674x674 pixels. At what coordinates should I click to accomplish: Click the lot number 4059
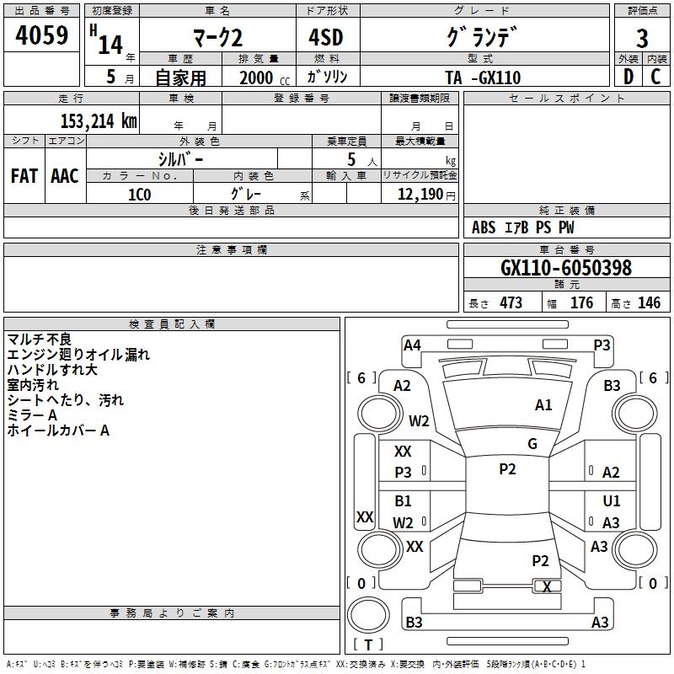[41, 35]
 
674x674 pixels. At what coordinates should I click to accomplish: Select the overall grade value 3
[642, 38]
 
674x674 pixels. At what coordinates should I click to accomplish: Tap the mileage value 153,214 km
[99, 121]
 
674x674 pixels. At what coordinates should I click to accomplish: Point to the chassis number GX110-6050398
[566, 268]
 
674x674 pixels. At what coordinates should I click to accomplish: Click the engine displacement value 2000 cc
[265, 78]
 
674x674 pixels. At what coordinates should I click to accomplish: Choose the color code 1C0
[139, 195]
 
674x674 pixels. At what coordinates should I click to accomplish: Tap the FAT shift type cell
[24, 176]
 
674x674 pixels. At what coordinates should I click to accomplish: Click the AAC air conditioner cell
[65, 176]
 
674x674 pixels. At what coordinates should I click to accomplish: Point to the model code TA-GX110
[483, 78]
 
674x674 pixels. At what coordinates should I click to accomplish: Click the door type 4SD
[326, 37]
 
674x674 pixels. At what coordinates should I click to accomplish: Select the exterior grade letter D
[629, 77]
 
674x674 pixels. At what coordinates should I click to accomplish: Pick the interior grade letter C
[655, 77]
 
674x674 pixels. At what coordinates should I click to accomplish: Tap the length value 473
[511, 303]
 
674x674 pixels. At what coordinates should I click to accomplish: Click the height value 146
[649, 303]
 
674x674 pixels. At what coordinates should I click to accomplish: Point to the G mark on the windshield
[532, 444]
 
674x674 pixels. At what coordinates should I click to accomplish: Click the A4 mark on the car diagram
[412, 345]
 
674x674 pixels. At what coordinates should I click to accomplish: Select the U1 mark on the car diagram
[612, 500]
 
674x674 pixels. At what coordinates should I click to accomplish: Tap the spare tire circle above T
[368, 615]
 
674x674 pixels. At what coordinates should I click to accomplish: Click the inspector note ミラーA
[32, 415]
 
